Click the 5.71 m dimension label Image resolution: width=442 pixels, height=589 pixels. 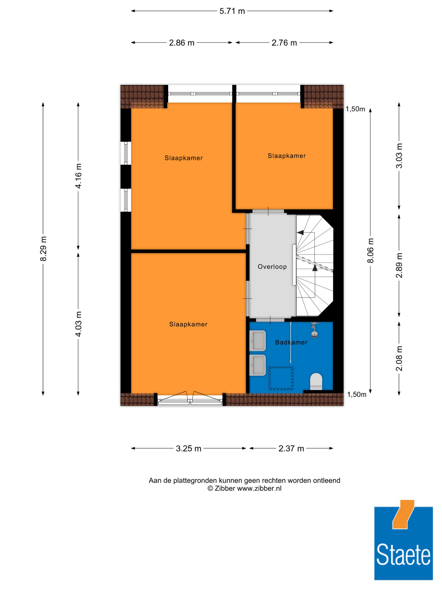click(232, 11)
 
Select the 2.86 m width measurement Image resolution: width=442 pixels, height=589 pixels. click(181, 43)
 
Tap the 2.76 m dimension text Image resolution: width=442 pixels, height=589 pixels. click(284, 43)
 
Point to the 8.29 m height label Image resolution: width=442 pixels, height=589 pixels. click(43, 248)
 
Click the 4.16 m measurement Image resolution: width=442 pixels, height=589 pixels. click(78, 176)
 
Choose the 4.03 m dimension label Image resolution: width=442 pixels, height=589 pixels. click(78, 324)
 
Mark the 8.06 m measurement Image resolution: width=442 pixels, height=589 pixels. click(370, 250)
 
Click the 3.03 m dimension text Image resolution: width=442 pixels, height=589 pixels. click(399, 156)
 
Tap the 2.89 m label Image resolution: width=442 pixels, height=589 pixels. click(399, 265)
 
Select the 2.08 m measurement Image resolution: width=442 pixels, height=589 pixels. click(399, 358)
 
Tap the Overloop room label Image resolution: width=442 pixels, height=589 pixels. click(272, 267)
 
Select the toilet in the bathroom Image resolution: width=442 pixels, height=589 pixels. click(316, 381)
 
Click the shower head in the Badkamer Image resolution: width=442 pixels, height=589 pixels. click(315, 330)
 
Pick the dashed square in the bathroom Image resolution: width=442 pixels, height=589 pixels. click(281, 378)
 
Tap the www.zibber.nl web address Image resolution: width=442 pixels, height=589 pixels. click(259, 488)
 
